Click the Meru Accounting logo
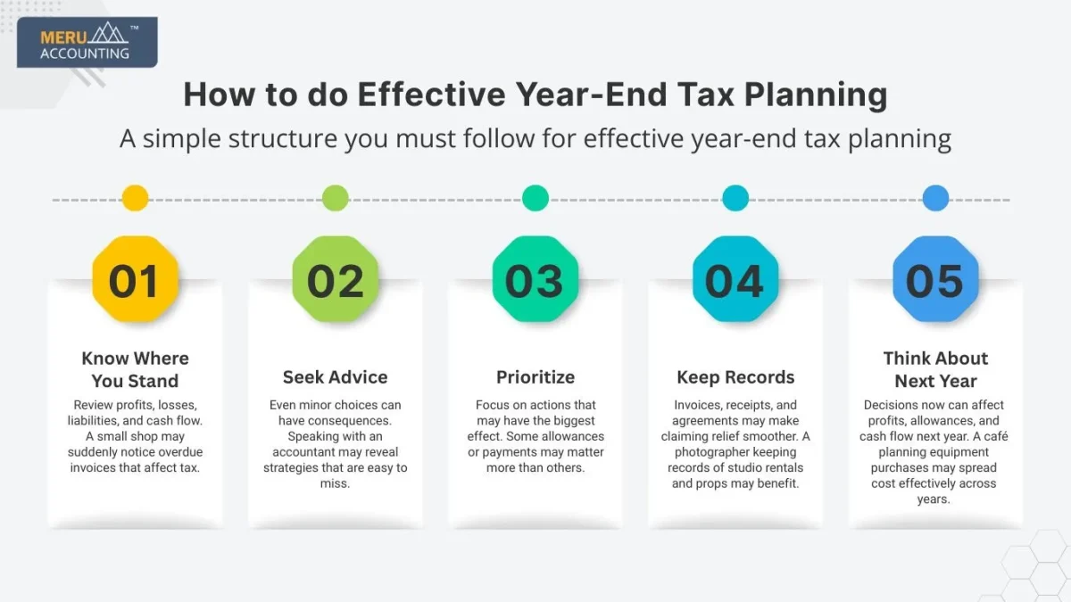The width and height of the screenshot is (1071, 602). pyautogui.click(x=87, y=43)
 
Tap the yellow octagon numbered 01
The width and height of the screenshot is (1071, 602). pyautogui.click(x=135, y=280)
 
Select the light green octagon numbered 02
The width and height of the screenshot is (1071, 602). pyautogui.click(x=336, y=280)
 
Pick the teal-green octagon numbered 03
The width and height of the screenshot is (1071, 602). pyautogui.click(x=535, y=280)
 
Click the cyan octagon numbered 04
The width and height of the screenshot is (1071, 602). pyautogui.click(x=735, y=280)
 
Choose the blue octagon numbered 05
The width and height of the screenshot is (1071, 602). pyautogui.click(x=935, y=280)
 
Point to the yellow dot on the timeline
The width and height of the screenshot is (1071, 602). pyautogui.click(x=135, y=198)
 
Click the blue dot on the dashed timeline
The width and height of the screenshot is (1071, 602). pyautogui.click(x=935, y=198)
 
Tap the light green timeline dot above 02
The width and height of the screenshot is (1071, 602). pyautogui.click(x=336, y=198)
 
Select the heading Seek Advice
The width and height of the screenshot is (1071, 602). pyautogui.click(x=336, y=377)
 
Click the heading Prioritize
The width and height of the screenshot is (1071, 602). pyautogui.click(x=535, y=377)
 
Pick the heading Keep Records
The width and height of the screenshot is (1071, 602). pyautogui.click(x=735, y=377)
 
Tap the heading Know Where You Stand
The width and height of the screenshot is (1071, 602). pyautogui.click(x=135, y=369)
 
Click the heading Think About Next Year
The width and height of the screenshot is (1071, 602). pyautogui.click(x=935, y=369)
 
